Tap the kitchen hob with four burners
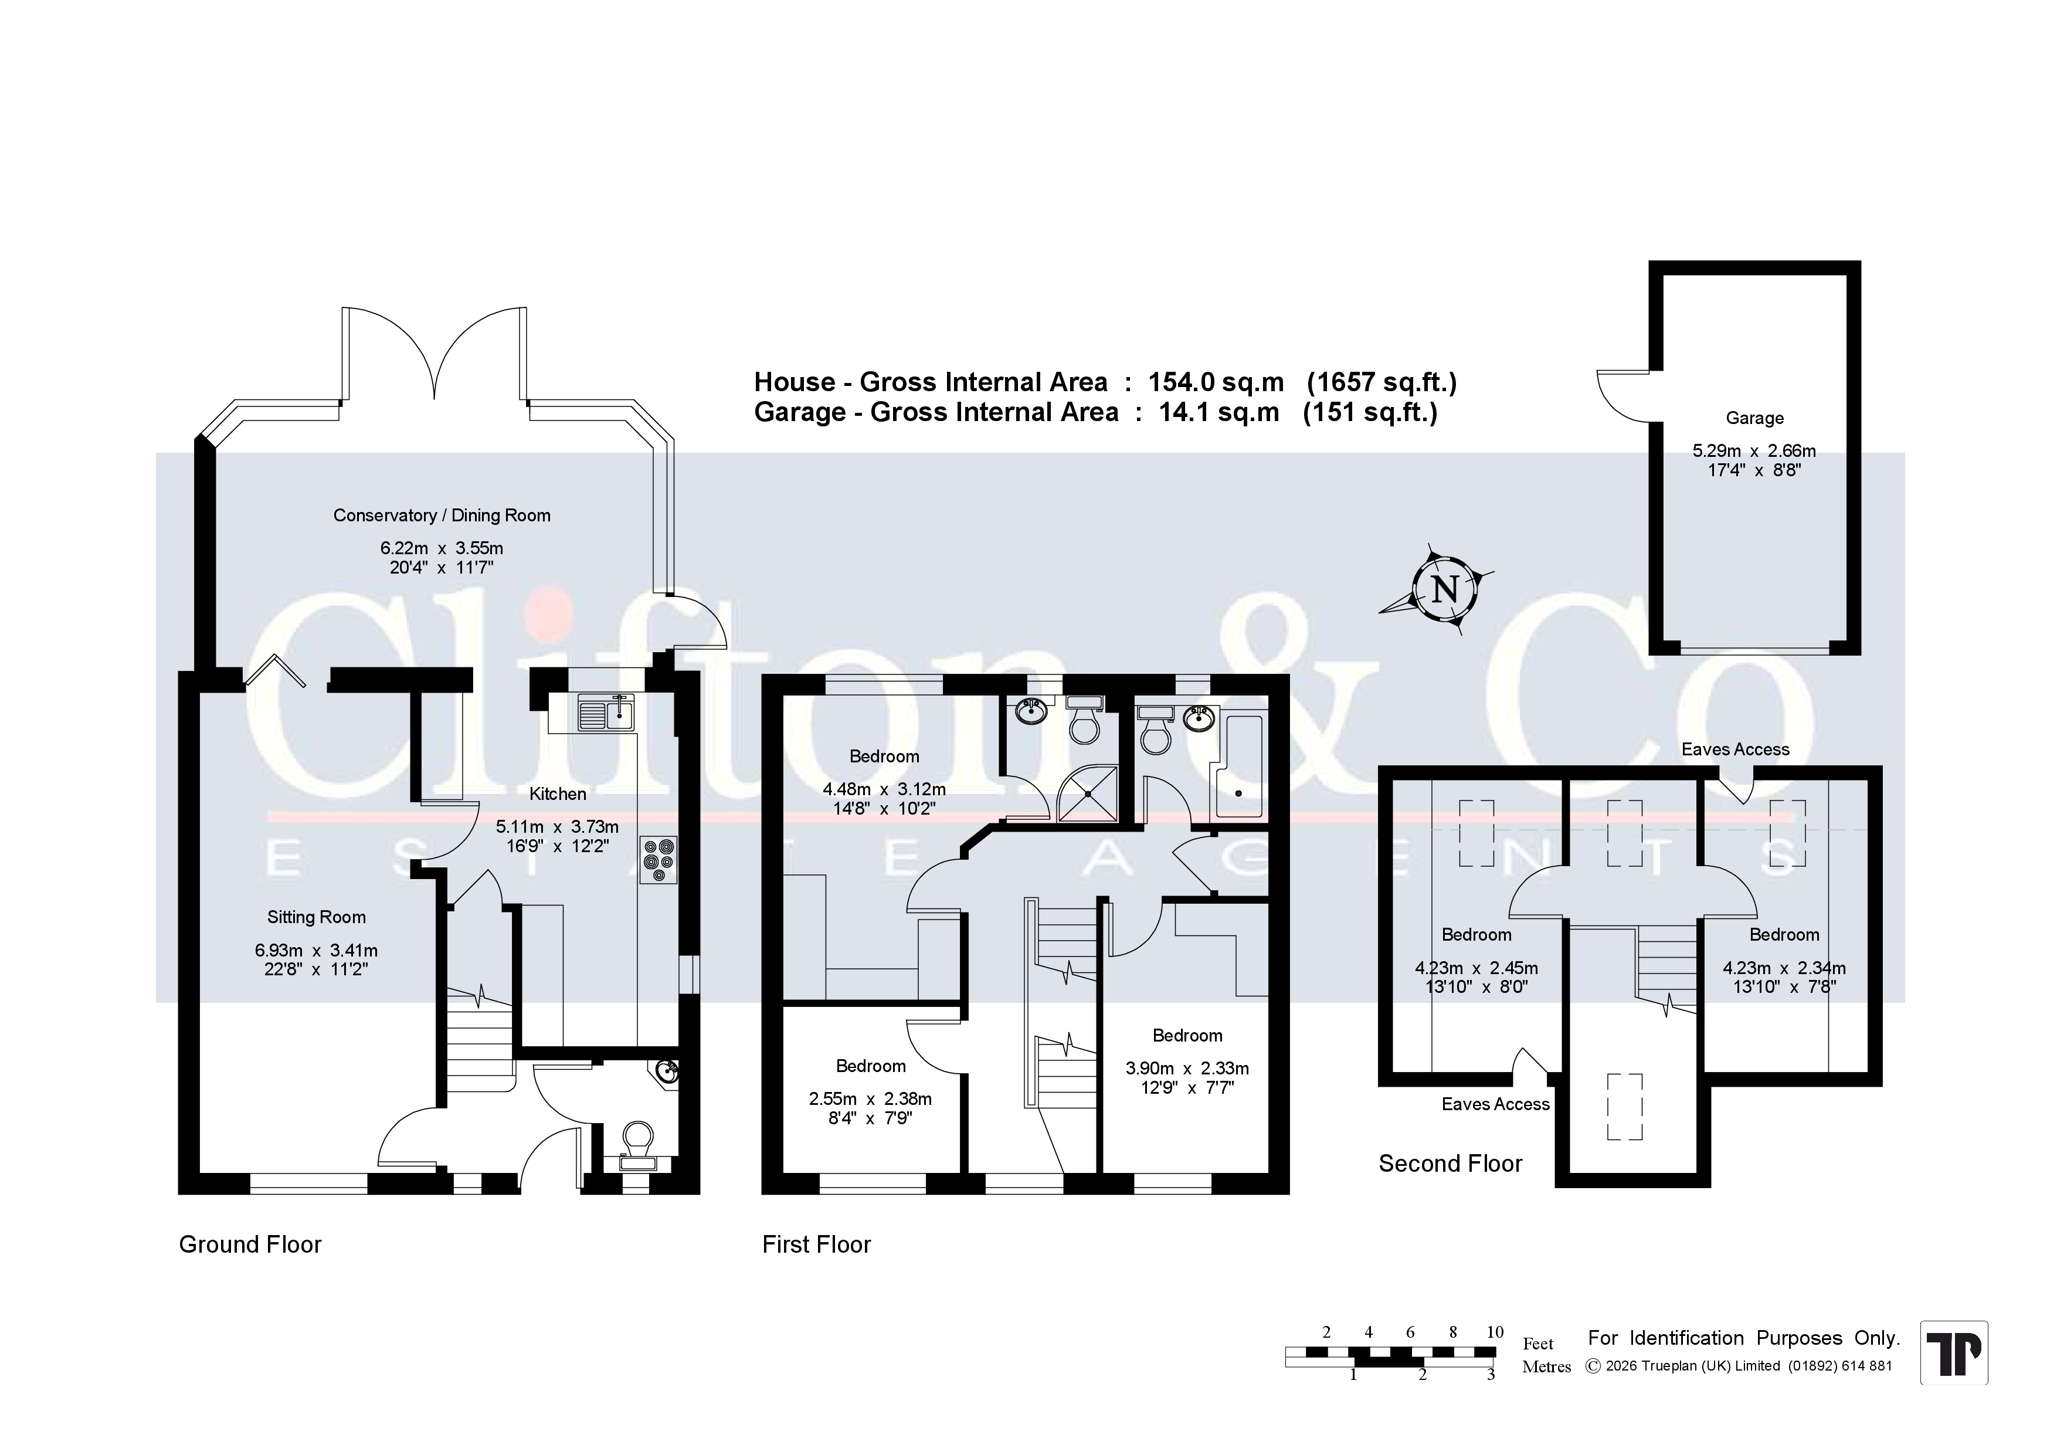pyautogui.click(x=658, y=860)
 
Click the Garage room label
pyautogui.click(x=1754, y=418)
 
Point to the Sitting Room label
pyautogui.click(x=316, y=917)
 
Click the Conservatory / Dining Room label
pyautogui.click(x=442, y=515)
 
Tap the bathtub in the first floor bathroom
pyautogui.click(x=1236, y=767)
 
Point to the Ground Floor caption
pyautogui.click(x=250, y=1244)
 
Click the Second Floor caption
pyautogui.click(x=1451, y=1164)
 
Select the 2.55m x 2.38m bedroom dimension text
pyautogui.click(x=870, y=1099)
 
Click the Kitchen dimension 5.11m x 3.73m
pyautogui.click(x=557, y=827)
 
